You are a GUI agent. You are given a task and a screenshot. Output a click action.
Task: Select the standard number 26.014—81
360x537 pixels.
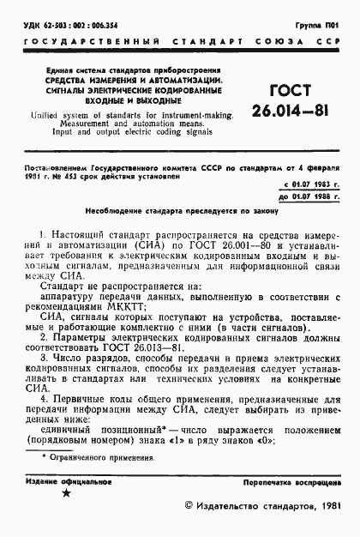285,112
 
